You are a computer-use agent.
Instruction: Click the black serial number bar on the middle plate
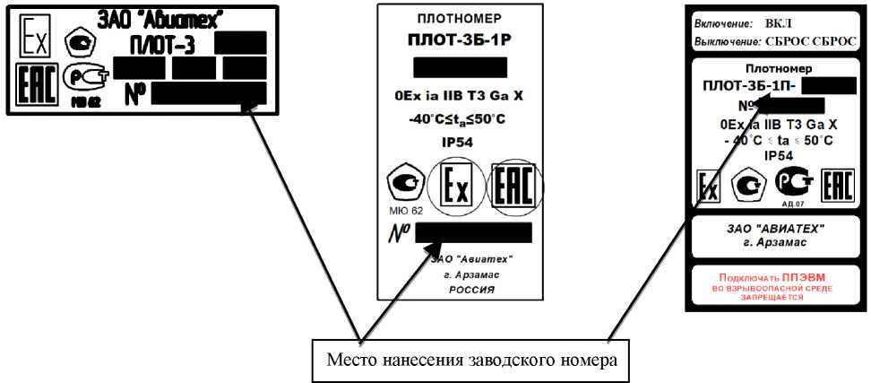[x=474, y=233]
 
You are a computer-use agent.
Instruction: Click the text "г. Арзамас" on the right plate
[x=776, y=242]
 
